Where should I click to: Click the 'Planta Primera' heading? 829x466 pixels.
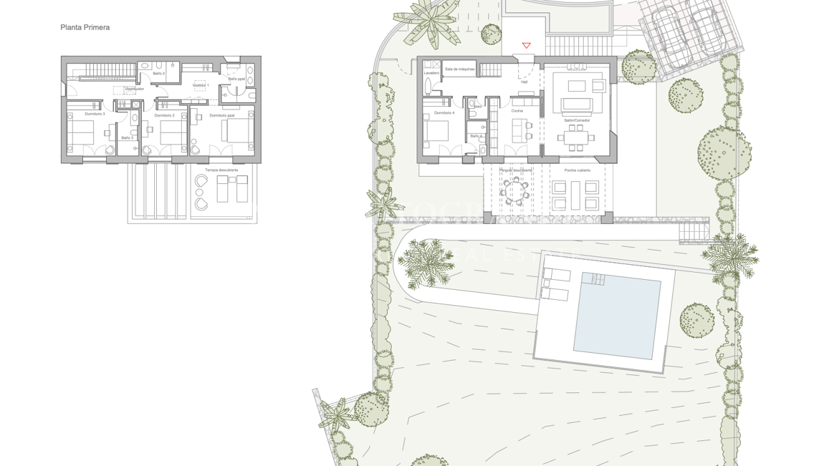tap(85, 27)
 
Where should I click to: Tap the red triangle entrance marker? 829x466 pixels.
tap(526, 46)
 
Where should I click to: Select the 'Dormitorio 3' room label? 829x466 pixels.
tap(95, 115)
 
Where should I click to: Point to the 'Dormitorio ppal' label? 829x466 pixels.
tap(222, 115)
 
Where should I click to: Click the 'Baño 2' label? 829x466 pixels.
tap(158, 73)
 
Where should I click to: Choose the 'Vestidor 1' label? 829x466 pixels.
tap(201, 85)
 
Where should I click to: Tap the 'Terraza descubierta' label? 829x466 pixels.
tap(221, 170)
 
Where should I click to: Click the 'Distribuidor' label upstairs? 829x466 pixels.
tap(135, 89)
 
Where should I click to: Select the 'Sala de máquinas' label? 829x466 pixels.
tap(459, 69)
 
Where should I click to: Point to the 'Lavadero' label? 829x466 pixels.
tap(431, 73)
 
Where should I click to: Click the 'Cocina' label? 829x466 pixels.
tap(517, 111)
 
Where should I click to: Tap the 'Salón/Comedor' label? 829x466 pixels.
tap(577, 120)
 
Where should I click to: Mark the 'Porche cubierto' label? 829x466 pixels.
tap(577, 170)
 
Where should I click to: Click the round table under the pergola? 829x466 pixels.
tap(515, 192)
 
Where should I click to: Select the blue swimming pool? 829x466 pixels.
tap(616, 315)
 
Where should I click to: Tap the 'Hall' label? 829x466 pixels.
tap(524, 82)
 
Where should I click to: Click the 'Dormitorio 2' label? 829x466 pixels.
tap(164, 115)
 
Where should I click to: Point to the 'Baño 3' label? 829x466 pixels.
tap(127, 138)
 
